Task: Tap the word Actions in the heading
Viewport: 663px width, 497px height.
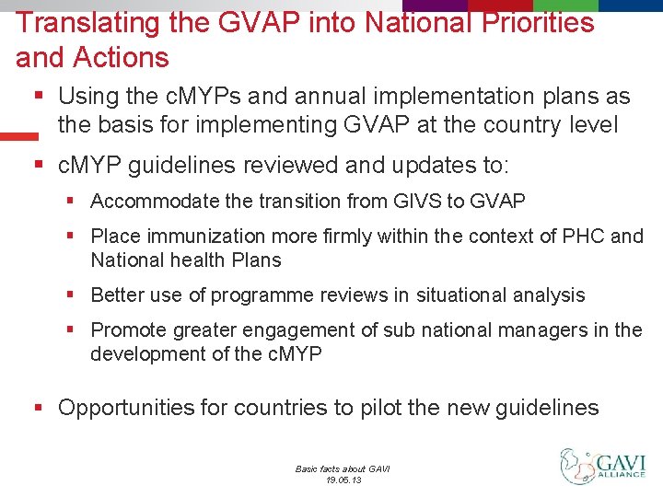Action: click(123, 58)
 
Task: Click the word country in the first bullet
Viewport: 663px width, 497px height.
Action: click(522, 124)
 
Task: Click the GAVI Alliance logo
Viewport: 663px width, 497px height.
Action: click(603, 467)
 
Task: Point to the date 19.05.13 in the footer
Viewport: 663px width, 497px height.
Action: click(343, 480)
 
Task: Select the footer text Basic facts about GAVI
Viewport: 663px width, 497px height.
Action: click(343, 468)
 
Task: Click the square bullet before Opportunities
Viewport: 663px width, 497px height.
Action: click(40, 408)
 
